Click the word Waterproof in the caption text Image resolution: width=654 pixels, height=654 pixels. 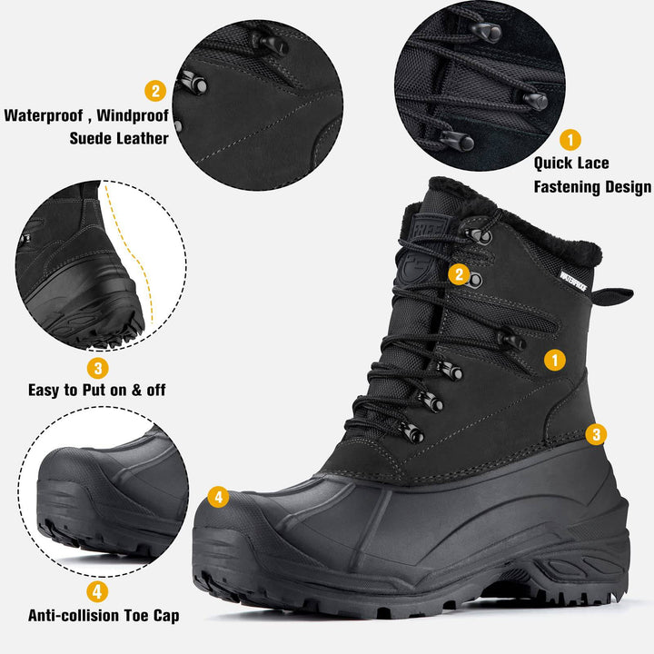[x=44, y=115]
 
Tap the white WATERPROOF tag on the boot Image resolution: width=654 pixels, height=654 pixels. [x=573, y=281]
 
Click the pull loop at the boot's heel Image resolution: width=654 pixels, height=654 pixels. [x=612, y=296]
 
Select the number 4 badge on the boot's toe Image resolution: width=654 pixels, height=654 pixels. [x=218, y=497]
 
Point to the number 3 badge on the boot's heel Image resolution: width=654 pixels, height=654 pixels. [x=596, y=434]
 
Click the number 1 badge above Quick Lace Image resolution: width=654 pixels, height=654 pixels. [x=570, y=139]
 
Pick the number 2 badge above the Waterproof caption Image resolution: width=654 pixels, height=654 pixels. [x=155, y=91]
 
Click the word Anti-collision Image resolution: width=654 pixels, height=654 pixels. [x=74, y=615]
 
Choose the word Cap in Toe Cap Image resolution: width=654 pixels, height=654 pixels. [x=166, y=616]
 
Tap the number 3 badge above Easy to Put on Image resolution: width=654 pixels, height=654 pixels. [x=97, y=368]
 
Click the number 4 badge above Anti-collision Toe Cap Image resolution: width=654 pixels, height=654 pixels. [x=97, y=591]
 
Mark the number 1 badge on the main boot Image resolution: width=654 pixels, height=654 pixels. [x=555, y=360]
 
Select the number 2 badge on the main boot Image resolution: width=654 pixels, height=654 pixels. [x=460, y=274]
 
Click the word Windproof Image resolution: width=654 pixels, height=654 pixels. [x=133, y=115]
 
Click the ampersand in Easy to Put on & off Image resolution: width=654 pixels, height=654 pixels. [x=137, y=390]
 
